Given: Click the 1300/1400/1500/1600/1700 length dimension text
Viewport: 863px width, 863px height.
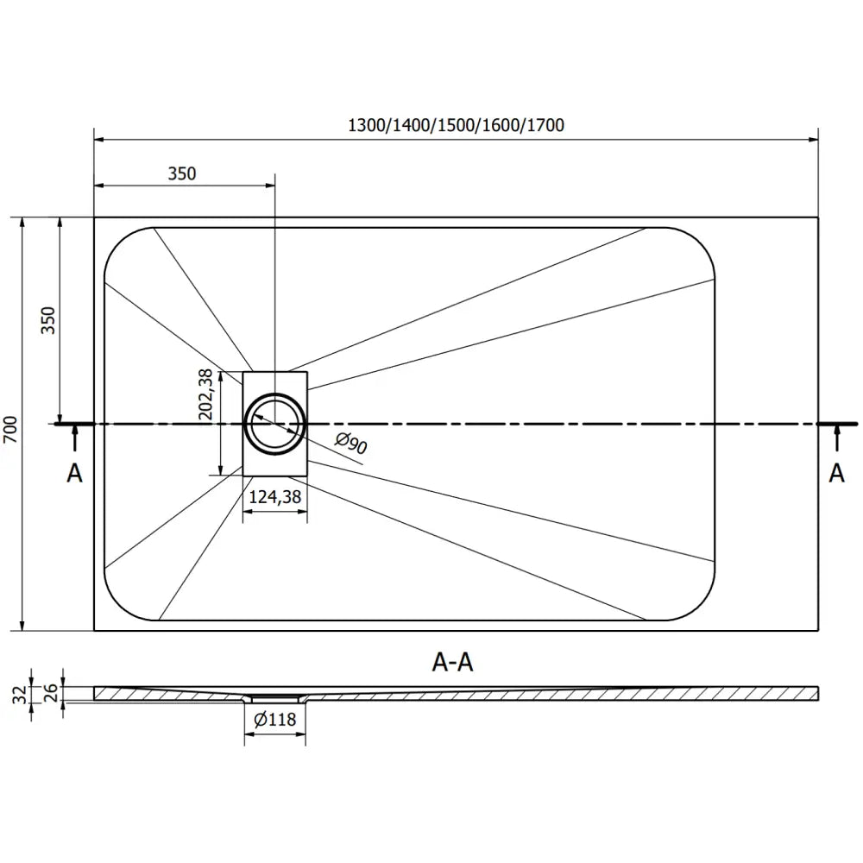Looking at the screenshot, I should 455,125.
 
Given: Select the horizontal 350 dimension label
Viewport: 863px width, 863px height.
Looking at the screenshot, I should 182,173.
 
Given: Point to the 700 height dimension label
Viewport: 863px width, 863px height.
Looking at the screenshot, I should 9,428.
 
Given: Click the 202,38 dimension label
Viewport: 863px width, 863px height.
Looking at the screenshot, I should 205,394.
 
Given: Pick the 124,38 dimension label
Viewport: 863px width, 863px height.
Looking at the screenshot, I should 274,497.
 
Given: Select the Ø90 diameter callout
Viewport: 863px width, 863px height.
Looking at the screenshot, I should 351,444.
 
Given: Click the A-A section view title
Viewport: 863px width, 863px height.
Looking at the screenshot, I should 453,662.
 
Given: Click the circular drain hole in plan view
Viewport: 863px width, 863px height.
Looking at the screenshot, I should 275,424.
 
